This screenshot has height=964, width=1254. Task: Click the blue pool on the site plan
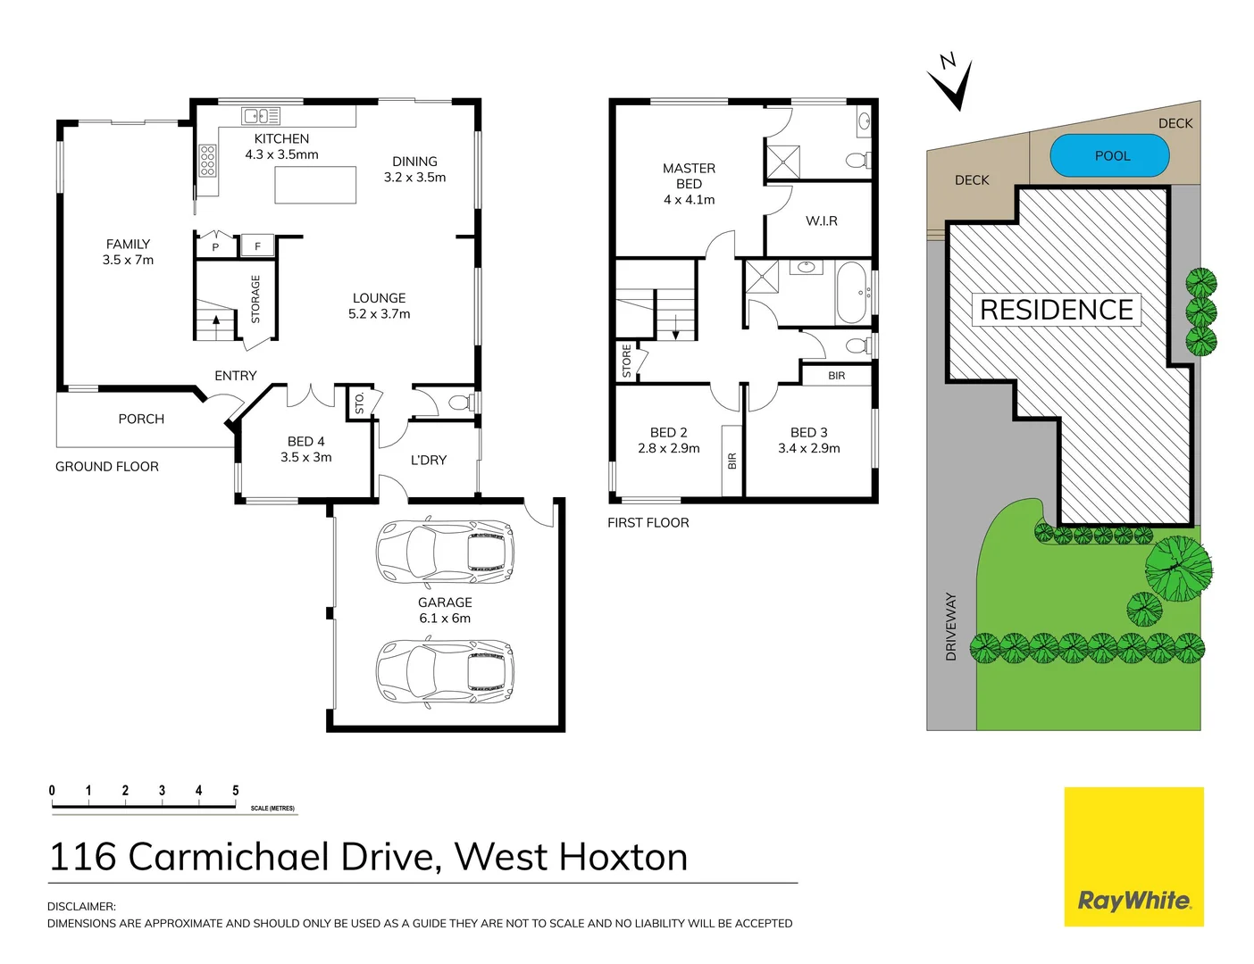1109,156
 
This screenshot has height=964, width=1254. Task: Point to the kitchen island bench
315,185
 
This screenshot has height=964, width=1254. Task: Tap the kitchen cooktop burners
207,161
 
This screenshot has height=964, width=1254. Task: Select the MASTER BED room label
689,176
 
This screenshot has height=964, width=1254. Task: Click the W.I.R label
821,220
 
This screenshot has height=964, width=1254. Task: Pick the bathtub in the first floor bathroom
851,292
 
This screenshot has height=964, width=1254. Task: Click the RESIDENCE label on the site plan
1056,310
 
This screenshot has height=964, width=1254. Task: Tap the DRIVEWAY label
950,627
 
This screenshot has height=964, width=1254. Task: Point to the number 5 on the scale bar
236,791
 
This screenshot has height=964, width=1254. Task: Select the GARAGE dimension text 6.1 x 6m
445,619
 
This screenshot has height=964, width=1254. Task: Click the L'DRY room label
428,460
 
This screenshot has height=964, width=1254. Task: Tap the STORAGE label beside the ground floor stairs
255,299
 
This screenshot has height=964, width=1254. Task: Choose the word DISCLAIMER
81,907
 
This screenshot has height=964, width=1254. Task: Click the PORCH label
141,419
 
